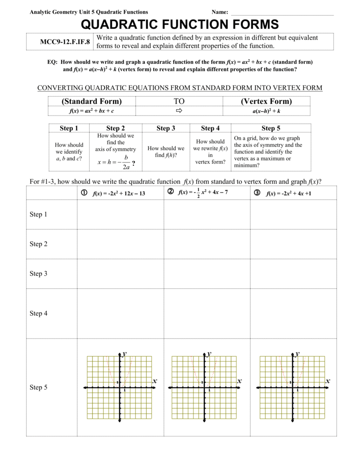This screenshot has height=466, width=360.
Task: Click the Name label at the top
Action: point(220,12)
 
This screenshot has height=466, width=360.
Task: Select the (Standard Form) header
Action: point(91,101)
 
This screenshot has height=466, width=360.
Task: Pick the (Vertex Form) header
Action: point(266,101)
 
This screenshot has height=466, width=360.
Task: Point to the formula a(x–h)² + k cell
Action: point(266,111)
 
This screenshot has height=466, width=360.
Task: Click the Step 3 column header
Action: point(166,128)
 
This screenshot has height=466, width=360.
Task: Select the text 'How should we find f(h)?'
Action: point(166,152)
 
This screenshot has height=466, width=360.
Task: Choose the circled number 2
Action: point(171,192)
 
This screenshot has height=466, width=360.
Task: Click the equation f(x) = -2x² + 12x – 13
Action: point(119,193)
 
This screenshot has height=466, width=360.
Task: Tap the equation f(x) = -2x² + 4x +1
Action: point(289,193)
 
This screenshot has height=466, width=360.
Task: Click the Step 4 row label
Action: point(39,314)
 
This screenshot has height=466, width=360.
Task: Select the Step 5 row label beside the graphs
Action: point(39,388)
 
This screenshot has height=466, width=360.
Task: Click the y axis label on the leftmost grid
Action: point(124,353)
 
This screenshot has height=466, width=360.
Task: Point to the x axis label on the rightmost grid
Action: point(328,380)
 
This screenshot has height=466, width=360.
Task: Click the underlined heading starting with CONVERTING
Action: point(179,88)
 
